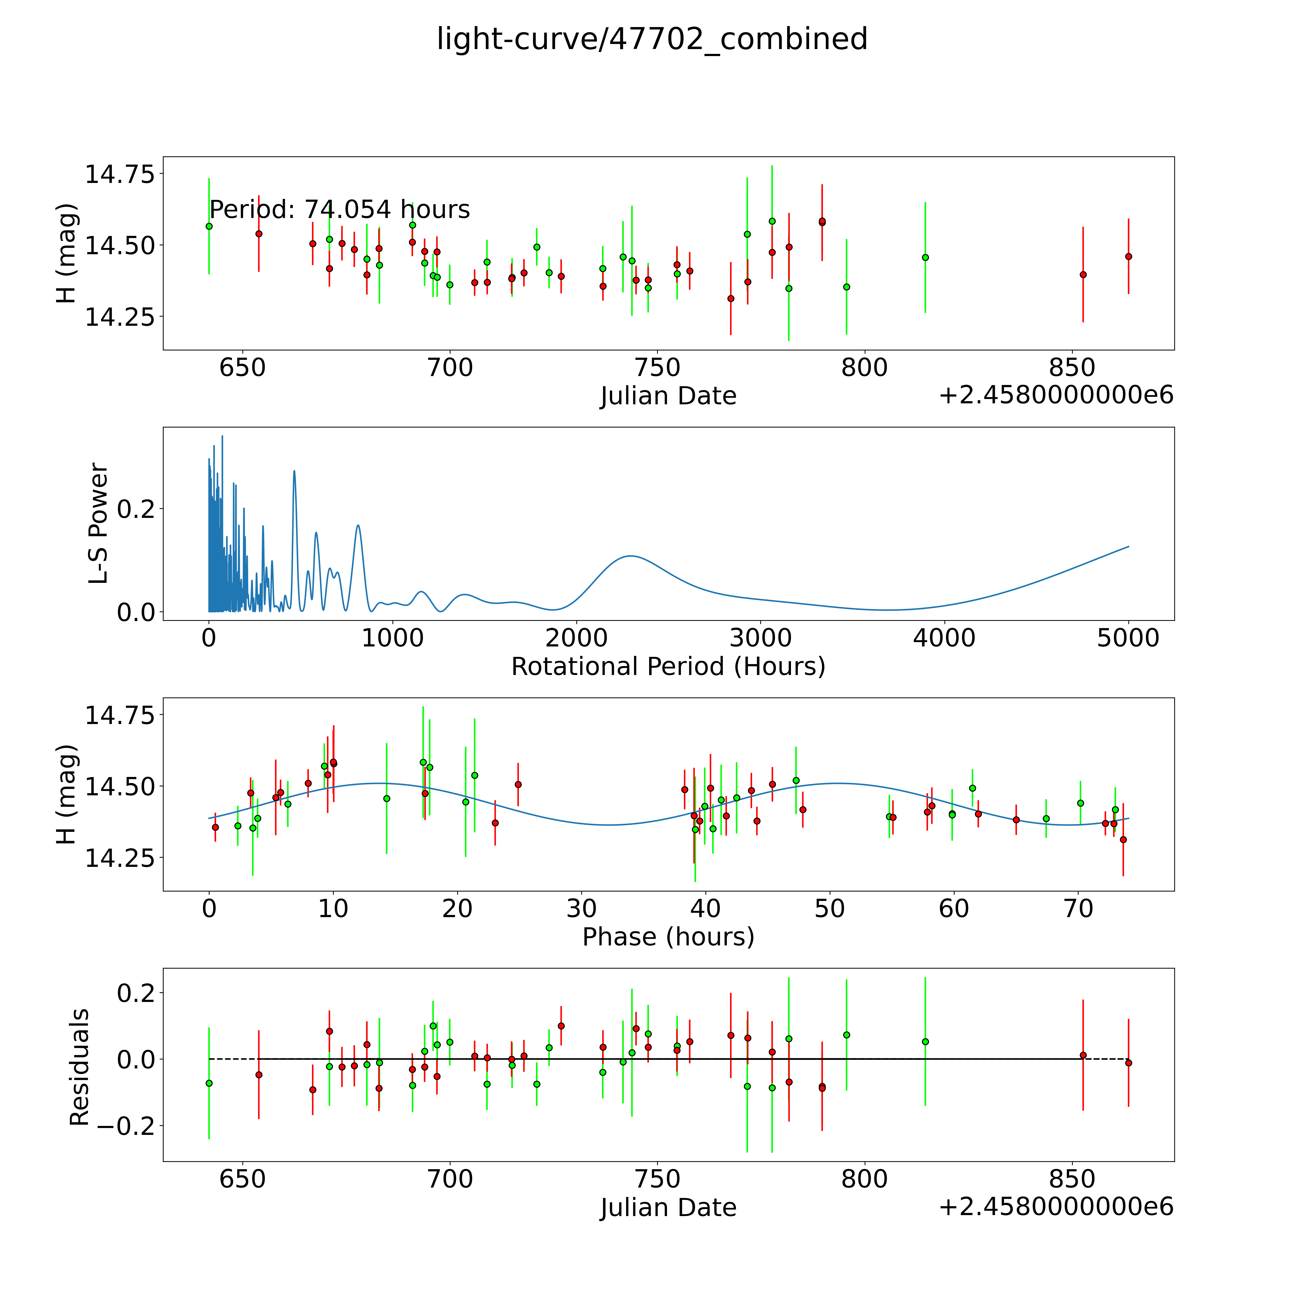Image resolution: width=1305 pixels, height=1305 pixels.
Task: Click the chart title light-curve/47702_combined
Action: [652, 39]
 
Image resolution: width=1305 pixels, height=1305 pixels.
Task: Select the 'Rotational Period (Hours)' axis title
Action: [668, 667]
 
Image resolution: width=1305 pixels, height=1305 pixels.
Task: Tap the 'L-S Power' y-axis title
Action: [99, 523]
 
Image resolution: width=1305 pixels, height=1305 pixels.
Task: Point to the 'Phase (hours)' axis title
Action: [668, 937]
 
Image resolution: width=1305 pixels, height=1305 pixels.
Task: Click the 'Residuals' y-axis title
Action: [80, 1067]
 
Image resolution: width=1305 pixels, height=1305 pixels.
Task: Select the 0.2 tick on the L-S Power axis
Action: [136, 509]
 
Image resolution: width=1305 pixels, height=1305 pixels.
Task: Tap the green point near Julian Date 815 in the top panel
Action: [925, 257]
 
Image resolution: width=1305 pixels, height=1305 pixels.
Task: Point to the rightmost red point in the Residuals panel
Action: [1128, 1063]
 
